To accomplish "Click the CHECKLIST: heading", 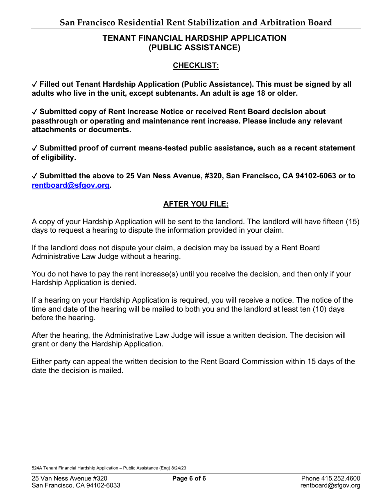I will tap(196, 65).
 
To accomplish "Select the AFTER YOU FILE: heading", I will tap(196, 204).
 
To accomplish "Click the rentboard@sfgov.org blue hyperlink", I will tap(70, 185).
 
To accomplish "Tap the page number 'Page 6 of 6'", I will tap(189, 478).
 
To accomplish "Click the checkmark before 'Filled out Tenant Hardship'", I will tap(35, 84).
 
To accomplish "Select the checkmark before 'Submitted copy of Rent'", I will tap(35, 112).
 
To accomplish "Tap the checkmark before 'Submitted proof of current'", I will tap(35, 148).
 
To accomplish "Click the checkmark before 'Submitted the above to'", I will tap(35, 176).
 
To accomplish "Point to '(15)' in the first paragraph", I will tap(353, 222).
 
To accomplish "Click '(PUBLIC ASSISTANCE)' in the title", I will tap(194, 47).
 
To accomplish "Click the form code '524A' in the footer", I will tap(37, 468).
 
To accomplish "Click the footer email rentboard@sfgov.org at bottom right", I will tap(330, 485).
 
